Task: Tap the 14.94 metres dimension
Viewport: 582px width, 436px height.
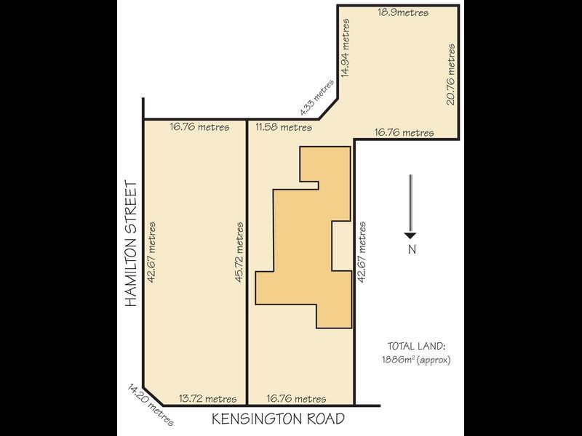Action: [347, 49]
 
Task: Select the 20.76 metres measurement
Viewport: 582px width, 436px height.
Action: [451, 74]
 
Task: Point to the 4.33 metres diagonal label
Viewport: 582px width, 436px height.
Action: [317, 97]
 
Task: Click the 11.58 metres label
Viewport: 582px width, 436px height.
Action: [284, 127]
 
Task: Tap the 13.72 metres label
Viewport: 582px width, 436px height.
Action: [208, 398]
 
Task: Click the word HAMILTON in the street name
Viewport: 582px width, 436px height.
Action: [132, 273]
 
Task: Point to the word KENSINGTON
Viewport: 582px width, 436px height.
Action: [262, 419]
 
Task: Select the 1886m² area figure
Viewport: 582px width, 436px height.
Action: [399, 360]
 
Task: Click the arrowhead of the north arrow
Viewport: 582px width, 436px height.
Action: [410, 234]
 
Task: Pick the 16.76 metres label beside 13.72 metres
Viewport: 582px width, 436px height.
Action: [296, 398]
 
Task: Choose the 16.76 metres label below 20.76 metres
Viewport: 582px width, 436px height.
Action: [404, 132]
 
